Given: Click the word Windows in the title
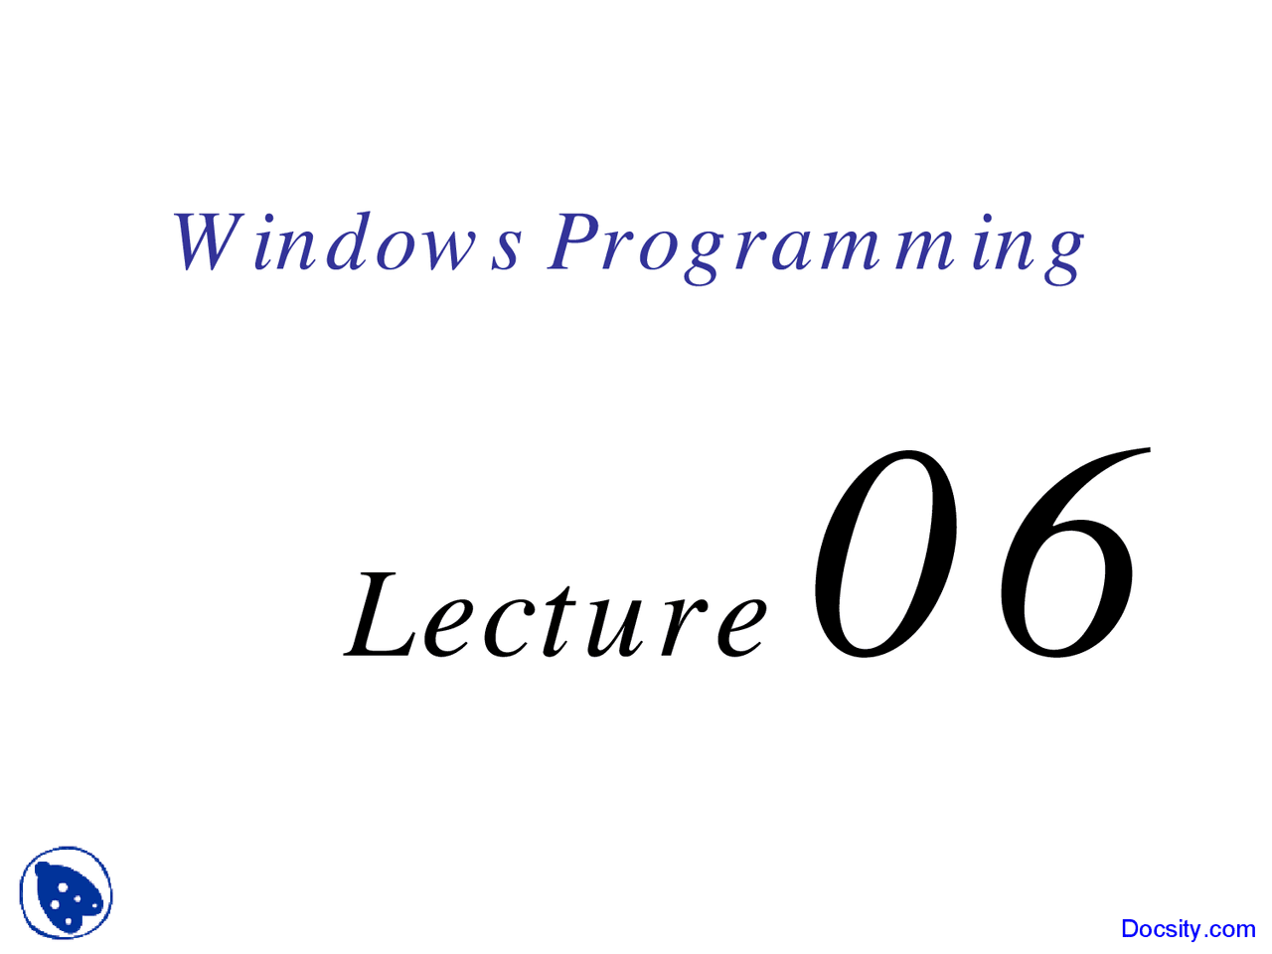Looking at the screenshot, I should [x=347, y=243].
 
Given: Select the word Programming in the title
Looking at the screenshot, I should [x=815, y=245].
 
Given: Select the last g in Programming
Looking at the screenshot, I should [x=1063, y=253].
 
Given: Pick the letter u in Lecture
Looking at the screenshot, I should [x=621, y=626].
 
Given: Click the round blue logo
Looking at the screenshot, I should [x=66, y=893].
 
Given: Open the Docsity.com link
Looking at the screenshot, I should [x=1188, y=929].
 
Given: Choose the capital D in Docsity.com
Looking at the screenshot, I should [x=1131, y=929].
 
